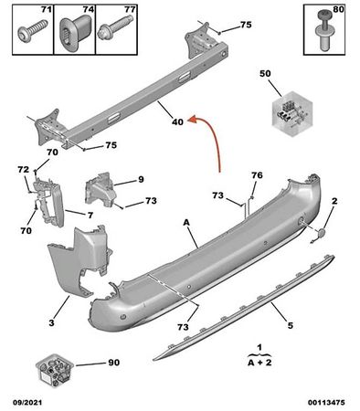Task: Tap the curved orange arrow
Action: pyautogui.click(x=211, y=145)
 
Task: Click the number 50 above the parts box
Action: pyautogui.click(x=266, y=72)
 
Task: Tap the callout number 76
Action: pyautogui.click(x=256, y=175)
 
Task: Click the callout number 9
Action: pyautogui.click(x=142, y=179)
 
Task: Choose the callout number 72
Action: pyautogui.click(x=23, y=170)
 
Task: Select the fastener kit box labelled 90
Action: pyautogui.click(x=56, y=369)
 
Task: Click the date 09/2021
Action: pyautogui.click(x=26, y=401)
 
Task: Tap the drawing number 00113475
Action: pyautogui.click(x=325, y=401)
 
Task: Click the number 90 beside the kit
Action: pyautogui.click(x=113, y=363)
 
